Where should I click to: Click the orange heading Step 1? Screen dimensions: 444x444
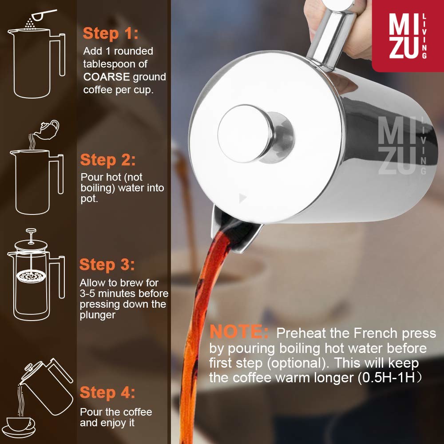point(111,34)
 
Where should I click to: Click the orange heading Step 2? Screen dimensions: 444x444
point(108,160)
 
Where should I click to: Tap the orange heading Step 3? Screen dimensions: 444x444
point(107,265)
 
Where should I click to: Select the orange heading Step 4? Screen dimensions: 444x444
point(107,393)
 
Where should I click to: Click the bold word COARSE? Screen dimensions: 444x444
point(107,77)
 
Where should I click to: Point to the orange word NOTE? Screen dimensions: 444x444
point(239,332)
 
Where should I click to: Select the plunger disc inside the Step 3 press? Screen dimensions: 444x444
point(31,276)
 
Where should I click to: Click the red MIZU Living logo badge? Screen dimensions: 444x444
point(408,36)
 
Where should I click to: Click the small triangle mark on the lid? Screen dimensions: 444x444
point(242,198)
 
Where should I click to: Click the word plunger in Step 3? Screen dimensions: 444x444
point(97,315)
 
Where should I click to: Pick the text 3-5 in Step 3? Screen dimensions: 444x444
point(87,293)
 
